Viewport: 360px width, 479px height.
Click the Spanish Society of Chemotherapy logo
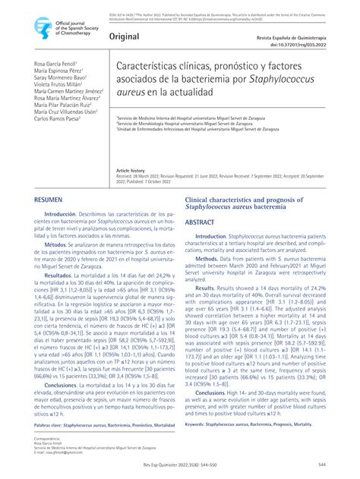42,27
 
